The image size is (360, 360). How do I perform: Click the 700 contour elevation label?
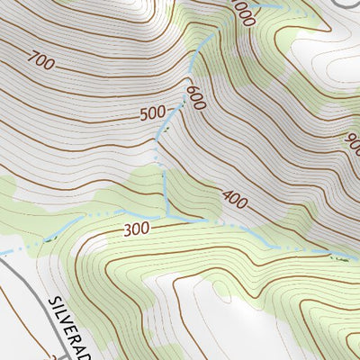40,61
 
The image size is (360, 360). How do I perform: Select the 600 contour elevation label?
196,98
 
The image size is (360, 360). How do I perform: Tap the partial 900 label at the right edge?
352,143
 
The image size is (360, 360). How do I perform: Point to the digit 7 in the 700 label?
31,63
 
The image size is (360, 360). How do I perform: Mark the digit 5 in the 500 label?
146,115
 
